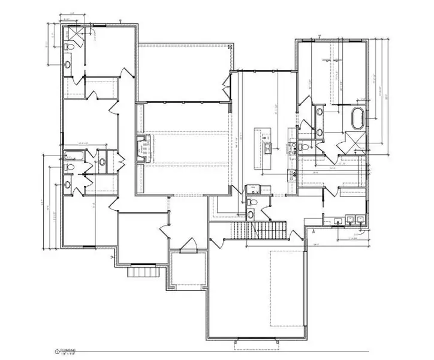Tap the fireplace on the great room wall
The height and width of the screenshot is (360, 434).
click(143, 149)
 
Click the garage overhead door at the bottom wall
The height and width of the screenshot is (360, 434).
click(256, 339)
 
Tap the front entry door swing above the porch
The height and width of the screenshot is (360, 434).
click(189, 245)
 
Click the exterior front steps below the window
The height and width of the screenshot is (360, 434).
click(143, 272)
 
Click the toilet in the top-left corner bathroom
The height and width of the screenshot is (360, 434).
click(69, 47)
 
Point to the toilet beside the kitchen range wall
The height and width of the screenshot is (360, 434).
click(305, 146)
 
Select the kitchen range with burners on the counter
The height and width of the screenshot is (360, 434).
click(293, 149)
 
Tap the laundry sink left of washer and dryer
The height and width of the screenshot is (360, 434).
click(339, 221)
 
